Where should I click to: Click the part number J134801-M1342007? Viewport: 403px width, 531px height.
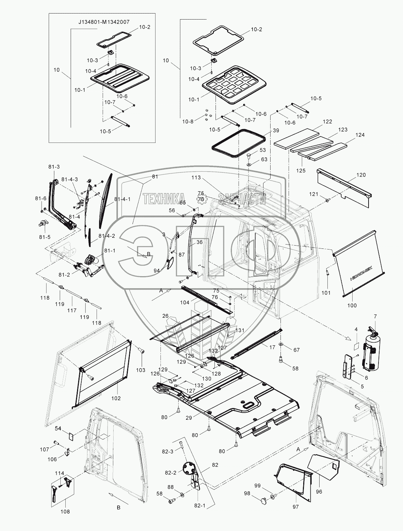point(104,22)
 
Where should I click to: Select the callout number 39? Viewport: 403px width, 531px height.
point(276,131)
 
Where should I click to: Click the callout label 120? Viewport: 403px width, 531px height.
point(361,175)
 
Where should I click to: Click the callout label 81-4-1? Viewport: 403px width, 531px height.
point(122,199)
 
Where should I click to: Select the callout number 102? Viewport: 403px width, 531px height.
point(116,398)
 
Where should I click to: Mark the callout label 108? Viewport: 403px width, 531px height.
point(65,511)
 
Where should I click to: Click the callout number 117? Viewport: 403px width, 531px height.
point(72,310)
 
